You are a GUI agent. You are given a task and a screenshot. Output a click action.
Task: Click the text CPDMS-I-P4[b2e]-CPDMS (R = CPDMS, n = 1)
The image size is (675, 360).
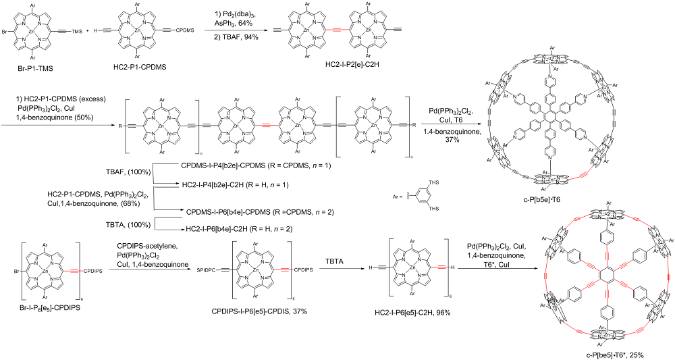248,165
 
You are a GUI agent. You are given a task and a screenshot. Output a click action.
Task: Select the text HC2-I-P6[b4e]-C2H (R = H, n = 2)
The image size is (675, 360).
238,229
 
